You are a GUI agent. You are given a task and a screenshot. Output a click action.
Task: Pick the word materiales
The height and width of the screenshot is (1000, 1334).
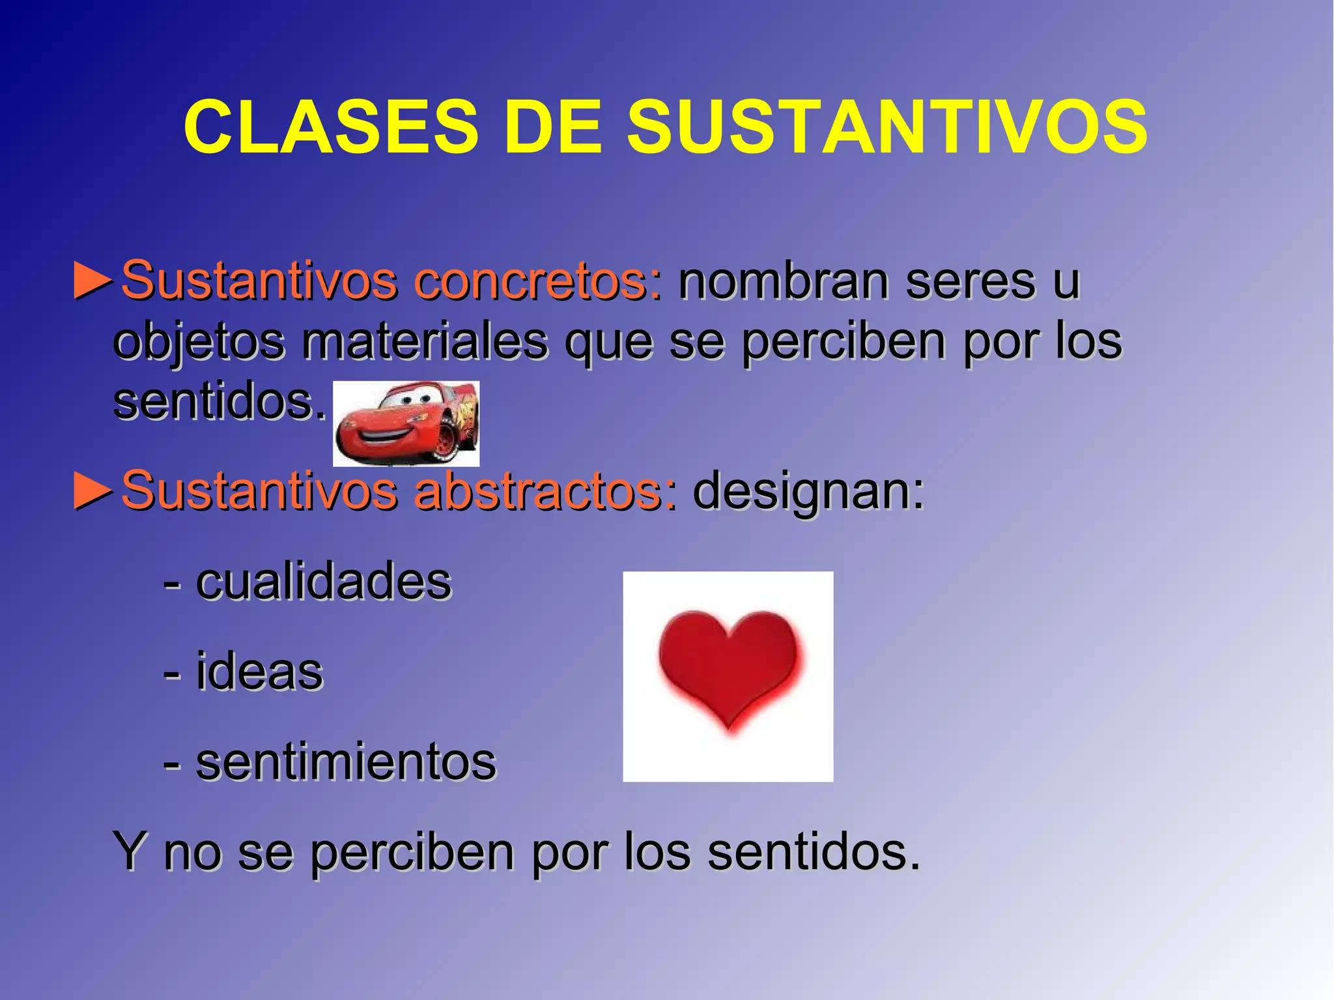424,341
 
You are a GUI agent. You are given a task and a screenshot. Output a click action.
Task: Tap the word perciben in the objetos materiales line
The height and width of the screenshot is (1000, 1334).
843,341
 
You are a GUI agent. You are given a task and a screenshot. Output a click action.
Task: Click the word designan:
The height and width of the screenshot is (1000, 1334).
808,491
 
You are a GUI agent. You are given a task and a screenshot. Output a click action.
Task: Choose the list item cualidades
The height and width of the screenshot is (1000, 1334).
323,582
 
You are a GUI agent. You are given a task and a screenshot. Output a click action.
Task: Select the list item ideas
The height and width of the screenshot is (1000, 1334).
259,672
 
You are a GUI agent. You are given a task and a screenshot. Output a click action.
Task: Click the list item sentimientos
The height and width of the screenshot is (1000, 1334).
346,762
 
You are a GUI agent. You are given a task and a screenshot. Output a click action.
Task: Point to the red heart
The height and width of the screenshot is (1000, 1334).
728,668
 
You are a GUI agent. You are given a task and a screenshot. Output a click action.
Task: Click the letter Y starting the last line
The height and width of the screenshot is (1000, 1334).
129,851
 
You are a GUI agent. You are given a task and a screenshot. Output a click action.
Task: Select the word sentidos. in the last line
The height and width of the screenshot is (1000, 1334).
814,851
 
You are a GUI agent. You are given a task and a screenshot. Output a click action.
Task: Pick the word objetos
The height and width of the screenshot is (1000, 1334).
199,341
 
